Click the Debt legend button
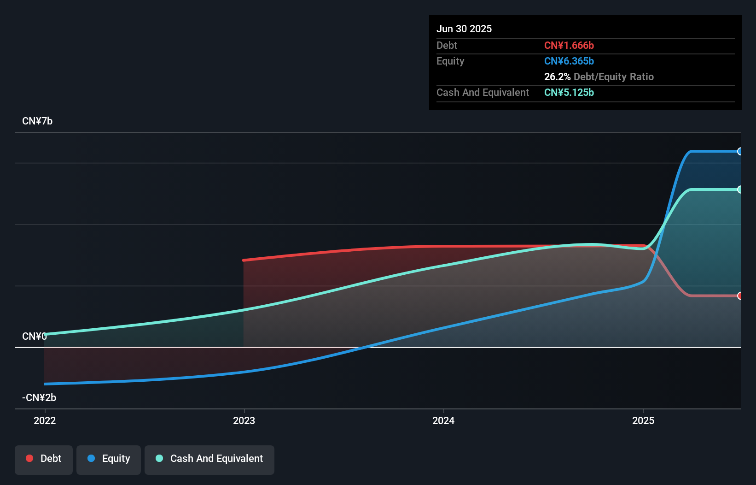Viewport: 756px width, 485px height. pyautogui.click(x=44, y=459)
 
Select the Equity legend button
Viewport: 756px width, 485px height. pyautogui.click(x=109, y=459)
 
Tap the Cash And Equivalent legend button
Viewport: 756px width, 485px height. pyautogui.click(x=209, y=459)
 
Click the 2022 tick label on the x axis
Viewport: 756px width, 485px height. pyautogui.click(x=45, y=420)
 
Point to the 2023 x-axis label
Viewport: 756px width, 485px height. pyautogui.click(x=244, y=420)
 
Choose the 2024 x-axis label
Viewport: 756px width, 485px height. pyautogui.click(x=443, y=420)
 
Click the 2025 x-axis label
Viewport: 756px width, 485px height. pyautogui.click(x=643, y=420)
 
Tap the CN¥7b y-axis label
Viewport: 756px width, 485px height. pyautogui.click(x=37, y=121)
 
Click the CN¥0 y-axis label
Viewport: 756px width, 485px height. pyautogui.click(x=35, y=337)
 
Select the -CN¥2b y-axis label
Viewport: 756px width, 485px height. pyautogui.click(x=39, y=398)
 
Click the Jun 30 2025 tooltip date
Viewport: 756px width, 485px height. pyautogui.click(x=464, y=29)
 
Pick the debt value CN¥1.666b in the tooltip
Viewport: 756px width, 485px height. pyautogui.click(x=569, y=45)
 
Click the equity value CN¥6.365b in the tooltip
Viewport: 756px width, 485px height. pyautogui.click(x=569, y=61)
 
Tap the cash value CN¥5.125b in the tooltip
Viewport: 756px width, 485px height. pyautogui.click(x=569, y=92)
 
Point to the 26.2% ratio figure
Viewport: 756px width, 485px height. pyautogui.click(x=557, y=77)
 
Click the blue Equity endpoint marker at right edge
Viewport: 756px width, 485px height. pyautogui.click(x=740, y=151)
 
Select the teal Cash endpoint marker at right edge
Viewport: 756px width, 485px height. pyautogui.click(x=740, y=189)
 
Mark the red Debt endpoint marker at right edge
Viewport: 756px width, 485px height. pyautogui.click(x=740, y=296)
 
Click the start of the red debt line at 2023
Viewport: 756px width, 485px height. pyautogui.click(x=244, y=260)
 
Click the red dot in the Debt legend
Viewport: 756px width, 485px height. pyautogui.click(x=29, y=458)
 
